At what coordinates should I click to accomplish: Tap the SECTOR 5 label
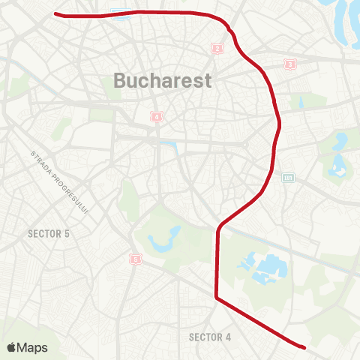[48, 234]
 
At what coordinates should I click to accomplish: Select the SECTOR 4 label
[210, 337]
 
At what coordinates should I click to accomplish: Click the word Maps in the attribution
[33, 347]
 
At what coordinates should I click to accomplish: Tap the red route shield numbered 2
[217, 49]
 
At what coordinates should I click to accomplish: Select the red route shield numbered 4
[156, 116]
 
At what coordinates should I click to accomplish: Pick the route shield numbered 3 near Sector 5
[135, 259]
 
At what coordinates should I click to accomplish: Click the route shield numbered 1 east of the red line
[289, 65]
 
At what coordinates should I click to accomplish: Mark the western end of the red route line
[56, 13]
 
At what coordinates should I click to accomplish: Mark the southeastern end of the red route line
[304, 347]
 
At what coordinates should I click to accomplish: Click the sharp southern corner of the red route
[217, 298]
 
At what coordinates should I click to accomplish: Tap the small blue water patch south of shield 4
[169, 145]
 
